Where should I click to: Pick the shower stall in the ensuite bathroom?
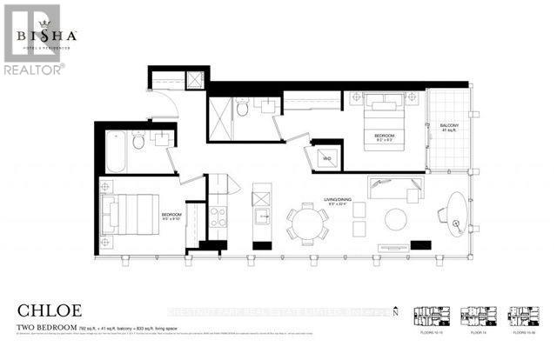pyautogui.click(x=219, y=118)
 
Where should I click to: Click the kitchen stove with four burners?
pyautogui.click(x=218, y=215)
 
